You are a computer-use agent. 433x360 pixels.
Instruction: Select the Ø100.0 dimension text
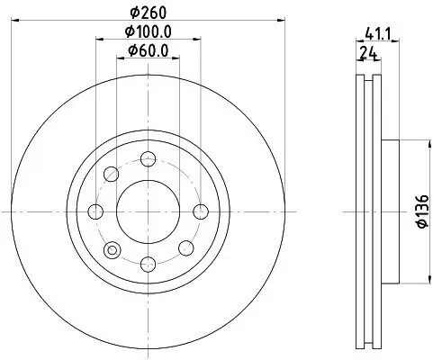(x=148, y=31)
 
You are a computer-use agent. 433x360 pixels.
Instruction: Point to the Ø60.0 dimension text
(x=149, y=49)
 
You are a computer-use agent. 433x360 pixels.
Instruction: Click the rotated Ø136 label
(x=420, y=213)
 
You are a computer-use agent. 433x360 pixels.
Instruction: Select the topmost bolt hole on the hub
(x=148, y=159)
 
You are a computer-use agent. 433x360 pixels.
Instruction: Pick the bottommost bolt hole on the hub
(x=148, y=264)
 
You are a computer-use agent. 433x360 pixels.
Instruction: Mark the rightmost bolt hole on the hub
(x=200, y=211)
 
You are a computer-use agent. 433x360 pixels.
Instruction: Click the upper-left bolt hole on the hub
(x=111, y=175)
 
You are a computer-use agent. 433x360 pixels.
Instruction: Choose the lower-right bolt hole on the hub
(x=185, y=248)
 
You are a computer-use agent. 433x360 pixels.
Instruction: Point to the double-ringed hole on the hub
(x=112, y=249)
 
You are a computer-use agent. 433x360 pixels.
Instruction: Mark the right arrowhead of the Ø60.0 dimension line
(x=176, y=58)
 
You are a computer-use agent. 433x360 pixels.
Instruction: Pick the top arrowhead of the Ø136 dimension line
(x=401, y=142)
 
